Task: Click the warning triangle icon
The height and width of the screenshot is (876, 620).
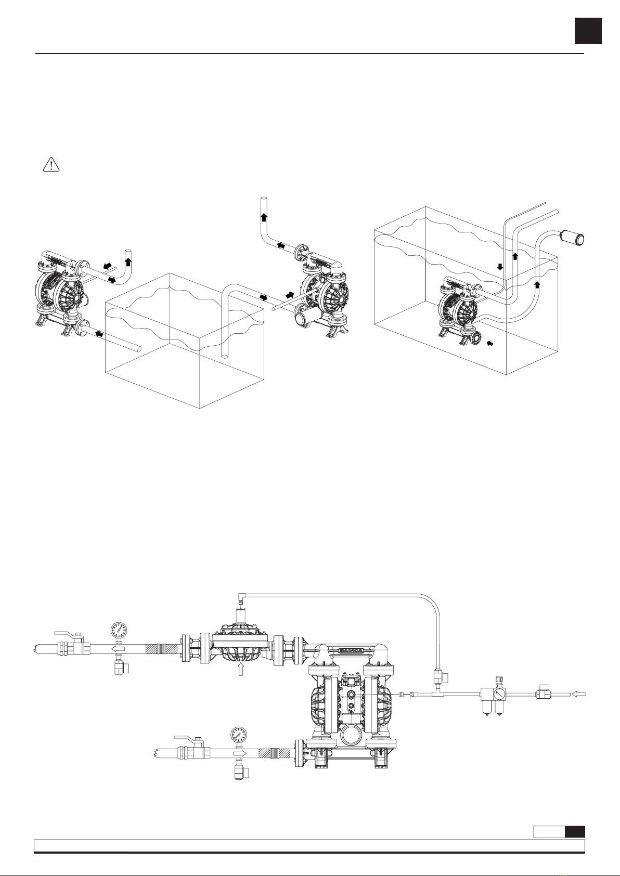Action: (x=51, y=164)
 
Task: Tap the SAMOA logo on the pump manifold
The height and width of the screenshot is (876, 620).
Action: (x=351, y=650)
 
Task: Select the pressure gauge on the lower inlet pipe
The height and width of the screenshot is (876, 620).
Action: (x=239, y=735)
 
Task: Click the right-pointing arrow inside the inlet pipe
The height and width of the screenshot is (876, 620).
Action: (x=239, y=753)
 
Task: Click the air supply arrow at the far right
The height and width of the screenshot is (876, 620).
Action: (x=579, y=694)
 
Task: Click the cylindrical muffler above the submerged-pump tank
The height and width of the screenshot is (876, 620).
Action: (x=573, y=237)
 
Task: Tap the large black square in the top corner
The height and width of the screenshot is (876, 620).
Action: (x=588, y=31)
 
